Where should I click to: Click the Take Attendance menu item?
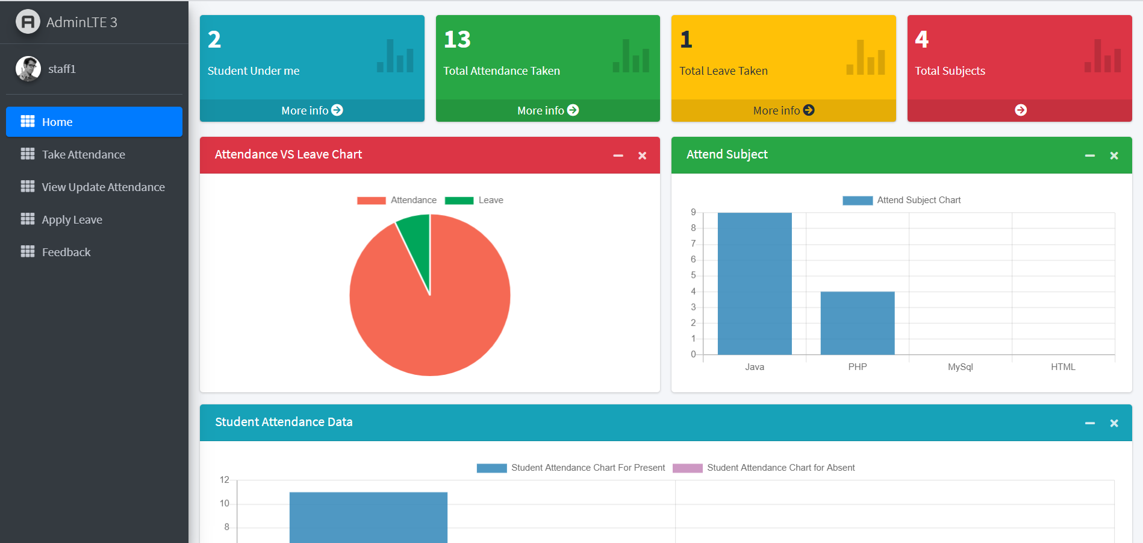pyautogui.click(x=83, y=154)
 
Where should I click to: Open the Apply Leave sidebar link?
pyautogui.click(x=72, y=219)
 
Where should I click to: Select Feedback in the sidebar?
pyautogui.click(x=66, y=252)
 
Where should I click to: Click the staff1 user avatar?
pyautogui.click(x=28, y=69)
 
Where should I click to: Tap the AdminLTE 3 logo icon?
pyautogui.click(x=28, y=22)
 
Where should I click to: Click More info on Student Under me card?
pyautogui.click(x=311, y=110)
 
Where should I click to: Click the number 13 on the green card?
pyautogui.click(x=457, y=40)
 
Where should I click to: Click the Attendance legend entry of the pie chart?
pyautogui.click(x=397, y=200)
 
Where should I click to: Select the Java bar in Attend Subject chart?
pyautogui.click(x=755, y=283)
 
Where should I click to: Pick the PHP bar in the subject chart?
pyautogui.click(x=858, y=323)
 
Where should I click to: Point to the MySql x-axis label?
pyautogui.click(x=960, y=366)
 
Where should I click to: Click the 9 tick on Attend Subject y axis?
pyautogui.click(x=693, y=212)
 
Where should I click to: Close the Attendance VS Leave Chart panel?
pyautogui.click(x=642, y=155)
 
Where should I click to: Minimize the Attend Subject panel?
pyautogui.click(x=1089, y=155)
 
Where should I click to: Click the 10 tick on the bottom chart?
pyautogui.click(x=225, y=503)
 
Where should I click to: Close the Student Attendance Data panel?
pyautogui.click(x=1113, y=423)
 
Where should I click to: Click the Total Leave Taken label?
pyautogui.click(x=723, y=71)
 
